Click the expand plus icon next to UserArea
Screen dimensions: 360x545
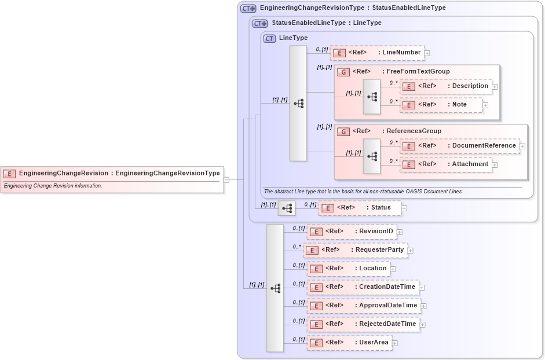coord(395,343)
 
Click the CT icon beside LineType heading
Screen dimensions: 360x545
coord(269,38)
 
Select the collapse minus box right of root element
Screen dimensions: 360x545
coord(226,179)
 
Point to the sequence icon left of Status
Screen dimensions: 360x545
coord(287,208)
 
